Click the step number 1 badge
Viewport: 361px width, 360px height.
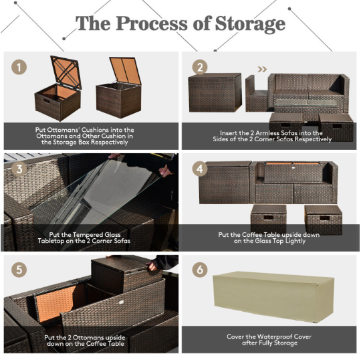[19, 67]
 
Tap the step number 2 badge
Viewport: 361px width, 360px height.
[200, 67]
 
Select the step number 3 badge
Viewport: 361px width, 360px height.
[19, 169]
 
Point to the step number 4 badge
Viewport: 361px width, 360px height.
[200, 169]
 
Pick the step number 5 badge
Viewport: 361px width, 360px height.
[19, 270]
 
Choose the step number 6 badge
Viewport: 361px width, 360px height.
[200, 270]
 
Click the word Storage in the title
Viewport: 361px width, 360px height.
[250, 24]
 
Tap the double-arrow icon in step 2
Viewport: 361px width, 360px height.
[262, 69]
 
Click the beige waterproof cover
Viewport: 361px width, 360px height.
[273, 296]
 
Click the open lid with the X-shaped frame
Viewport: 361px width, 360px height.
[66, 72]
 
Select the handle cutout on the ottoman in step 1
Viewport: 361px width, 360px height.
[47, 101]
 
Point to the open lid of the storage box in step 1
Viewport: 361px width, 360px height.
[125, 70]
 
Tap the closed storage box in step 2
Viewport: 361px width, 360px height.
[215, 92]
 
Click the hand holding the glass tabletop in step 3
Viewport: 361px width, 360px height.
[166, 171]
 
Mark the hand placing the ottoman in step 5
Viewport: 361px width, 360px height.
[152, 266]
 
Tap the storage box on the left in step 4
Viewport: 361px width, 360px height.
[225, 183]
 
